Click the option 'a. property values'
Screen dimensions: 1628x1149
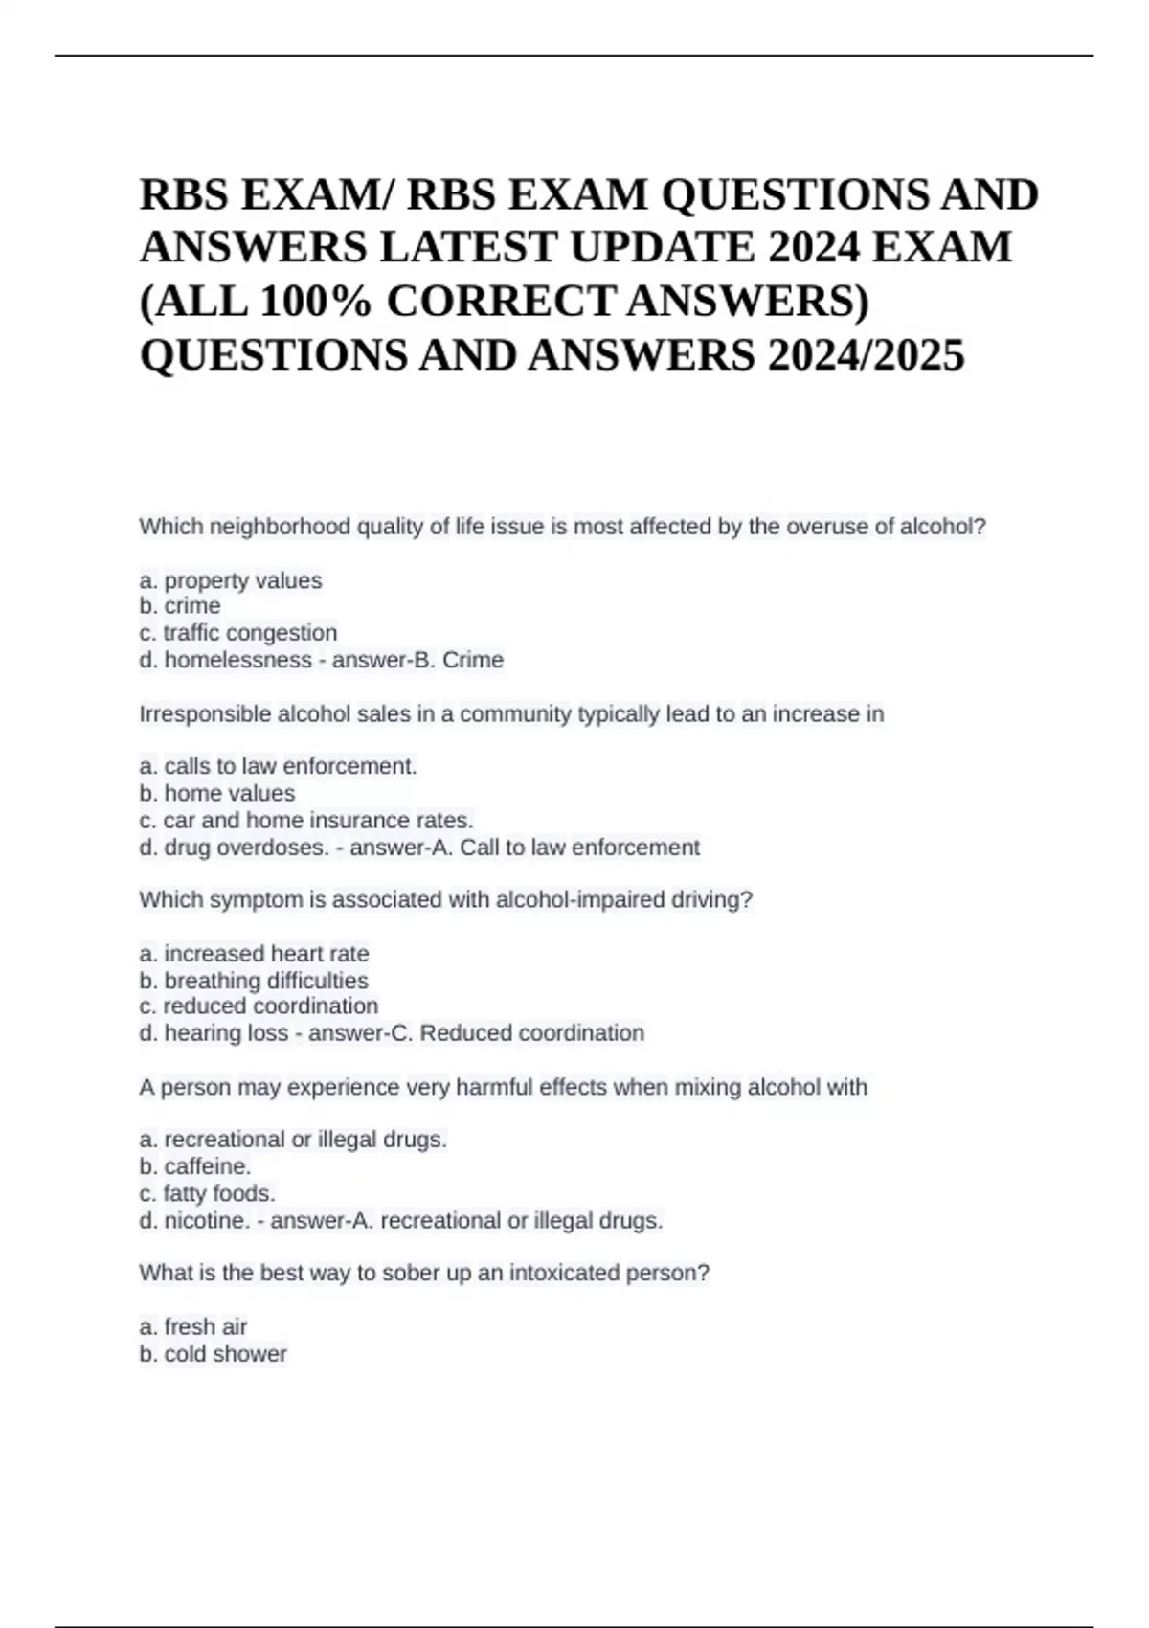point(231,580)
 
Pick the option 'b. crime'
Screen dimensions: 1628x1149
point(180,606)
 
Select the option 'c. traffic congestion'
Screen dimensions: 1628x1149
point(238,633)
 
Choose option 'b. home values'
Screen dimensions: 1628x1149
point(217,793)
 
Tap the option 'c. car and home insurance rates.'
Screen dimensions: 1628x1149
point(306,821)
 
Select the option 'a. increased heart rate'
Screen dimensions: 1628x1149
point(255,954)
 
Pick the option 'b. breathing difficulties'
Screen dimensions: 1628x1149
point(254,981)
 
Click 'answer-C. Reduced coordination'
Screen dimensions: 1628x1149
point(476,1033)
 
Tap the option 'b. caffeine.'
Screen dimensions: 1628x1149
point(195,1166)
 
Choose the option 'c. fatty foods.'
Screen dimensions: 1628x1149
point(208,1193)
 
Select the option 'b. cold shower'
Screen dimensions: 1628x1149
point(214,1354)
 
